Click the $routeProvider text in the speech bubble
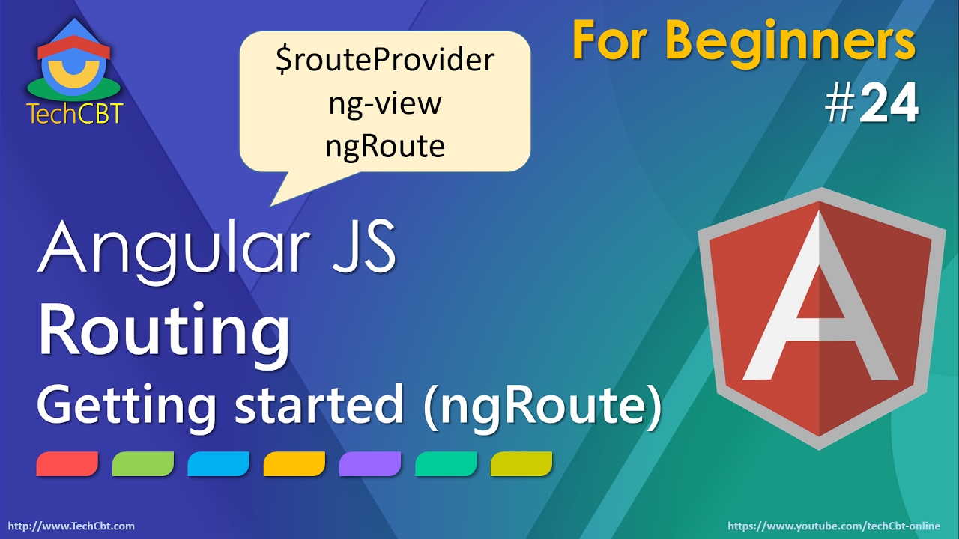pyautogui.click(x=385, y=61)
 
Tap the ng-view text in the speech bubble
pyautogui.click(x=385, y=103)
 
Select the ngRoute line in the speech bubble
pyautogui.click(x=385, y=145)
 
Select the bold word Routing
pyautogui.click(x=164, y=334)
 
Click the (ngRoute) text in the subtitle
pyautogui.click(x=542, y=408)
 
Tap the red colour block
pyautogui.click(x=67, y=464)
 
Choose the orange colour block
pyautogui.click(x=294, y=464)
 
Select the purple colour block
pyautogui.click(x=370, y=464)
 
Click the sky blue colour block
pyautogui.click(x=219, y=464)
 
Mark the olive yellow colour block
pyautogui.click(x=521, y=464)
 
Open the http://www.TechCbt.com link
pyautogui.click(x=70, y=526)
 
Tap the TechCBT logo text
pyautogui.click(x=74, y=114)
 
